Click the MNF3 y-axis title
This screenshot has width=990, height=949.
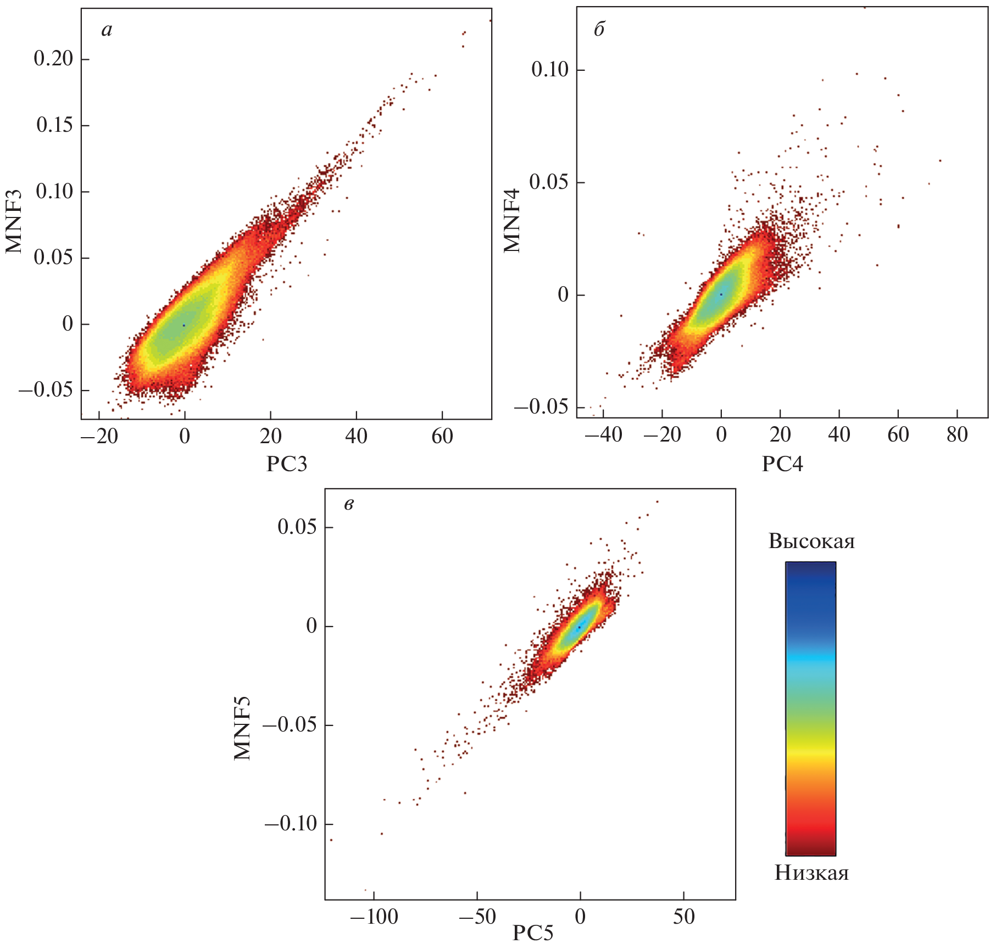(x=14, y=221)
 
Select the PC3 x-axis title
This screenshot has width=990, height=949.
(x=287, y=465)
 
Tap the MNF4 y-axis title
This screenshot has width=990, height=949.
(x=512, y=221)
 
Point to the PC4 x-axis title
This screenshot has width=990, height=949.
(x=782, y=465)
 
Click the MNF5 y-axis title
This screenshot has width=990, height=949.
(x=242, y=728)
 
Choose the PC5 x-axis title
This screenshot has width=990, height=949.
(x=533, y=933)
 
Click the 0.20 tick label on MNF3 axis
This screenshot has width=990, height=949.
(x=53, y=59)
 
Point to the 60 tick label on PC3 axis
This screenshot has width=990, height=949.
(x=442, y=437)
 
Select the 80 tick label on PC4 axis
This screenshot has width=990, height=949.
(x=957, y=435)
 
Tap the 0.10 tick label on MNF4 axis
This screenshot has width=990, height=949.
(x=550, y=70)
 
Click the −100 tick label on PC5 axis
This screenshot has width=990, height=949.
(x=374, y=917)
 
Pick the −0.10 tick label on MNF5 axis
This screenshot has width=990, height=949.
(x=291, y=824)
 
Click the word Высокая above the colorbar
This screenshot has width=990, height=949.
(x=811, y=542)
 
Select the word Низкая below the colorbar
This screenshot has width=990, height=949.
(x=811, y=873)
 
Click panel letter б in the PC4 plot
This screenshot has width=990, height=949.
(x=599, y=29)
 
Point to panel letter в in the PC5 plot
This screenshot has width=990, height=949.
(x=349, y=504)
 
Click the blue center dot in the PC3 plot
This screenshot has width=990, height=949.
(x=184, y=325)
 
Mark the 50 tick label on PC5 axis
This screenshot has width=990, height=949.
(x=683, y=917)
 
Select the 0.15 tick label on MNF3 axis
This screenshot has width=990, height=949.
(x=54, y=125)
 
